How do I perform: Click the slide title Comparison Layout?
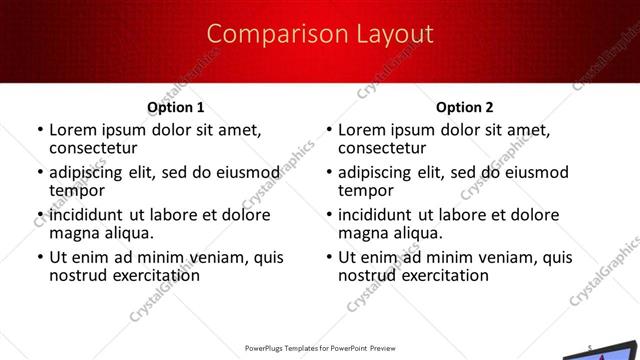(x=320, y=35)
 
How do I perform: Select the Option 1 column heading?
(x=175, y=107)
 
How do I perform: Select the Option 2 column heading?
(x=465, y=107)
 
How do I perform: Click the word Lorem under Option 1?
(x=72, y=130)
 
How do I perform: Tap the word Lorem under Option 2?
(x=361, y=130)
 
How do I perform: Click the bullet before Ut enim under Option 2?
(x=329, y=258)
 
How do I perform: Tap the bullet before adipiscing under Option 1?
(x=40, y=173)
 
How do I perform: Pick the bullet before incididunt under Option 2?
(x=329, y=216)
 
